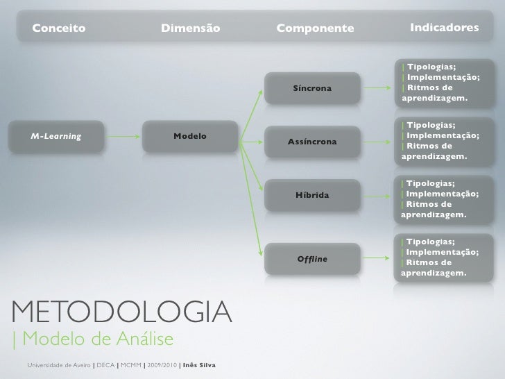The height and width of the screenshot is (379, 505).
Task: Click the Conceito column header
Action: pos(59,29)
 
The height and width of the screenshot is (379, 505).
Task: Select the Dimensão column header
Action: pos(190,29)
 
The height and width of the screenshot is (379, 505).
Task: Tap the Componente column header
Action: pos(314,29)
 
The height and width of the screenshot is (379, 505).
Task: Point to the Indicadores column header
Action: pos(444,28)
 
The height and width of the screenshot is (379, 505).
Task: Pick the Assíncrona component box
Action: pos(312,142)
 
